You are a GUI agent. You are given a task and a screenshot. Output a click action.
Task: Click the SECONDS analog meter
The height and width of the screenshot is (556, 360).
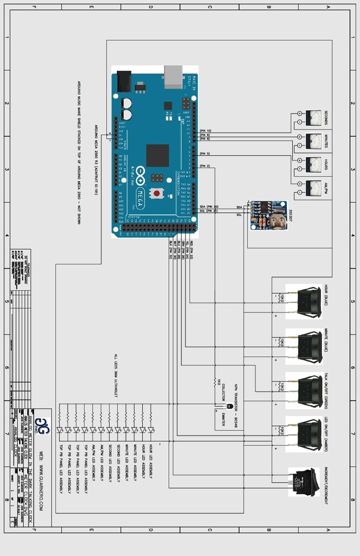coord(313,118)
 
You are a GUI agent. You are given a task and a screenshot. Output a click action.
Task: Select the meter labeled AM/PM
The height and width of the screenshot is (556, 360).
coord(313,188)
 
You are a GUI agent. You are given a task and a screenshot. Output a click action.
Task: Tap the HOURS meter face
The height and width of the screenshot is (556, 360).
coord(313,165)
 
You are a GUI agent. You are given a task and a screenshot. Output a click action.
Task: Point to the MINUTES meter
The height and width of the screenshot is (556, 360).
coord(313,142)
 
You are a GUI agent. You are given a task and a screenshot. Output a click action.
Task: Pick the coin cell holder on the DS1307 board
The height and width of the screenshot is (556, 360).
coord(277,219)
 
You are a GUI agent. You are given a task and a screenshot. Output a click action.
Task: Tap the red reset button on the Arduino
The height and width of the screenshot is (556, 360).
coord(157,193)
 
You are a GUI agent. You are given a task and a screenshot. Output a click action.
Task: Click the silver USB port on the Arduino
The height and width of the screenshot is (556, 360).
coord(174,77)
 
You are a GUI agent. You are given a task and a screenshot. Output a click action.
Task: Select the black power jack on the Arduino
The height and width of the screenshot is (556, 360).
coord(124,81)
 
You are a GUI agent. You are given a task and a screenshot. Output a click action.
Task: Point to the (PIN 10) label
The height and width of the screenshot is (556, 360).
coord(205,131)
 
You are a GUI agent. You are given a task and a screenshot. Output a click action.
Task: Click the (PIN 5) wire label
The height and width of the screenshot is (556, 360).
coord(205,154)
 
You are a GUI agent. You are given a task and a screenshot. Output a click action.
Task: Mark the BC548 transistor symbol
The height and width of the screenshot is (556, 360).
coord(229,406)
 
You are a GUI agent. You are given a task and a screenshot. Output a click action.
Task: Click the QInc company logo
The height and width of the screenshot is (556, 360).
coord(43,427)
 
